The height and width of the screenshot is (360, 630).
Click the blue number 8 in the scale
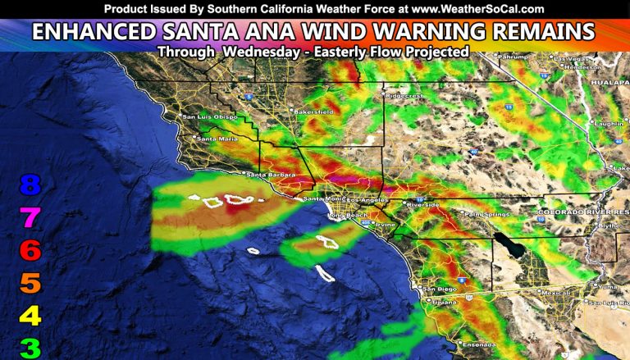point(30,185)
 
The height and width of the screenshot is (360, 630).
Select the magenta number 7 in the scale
point(30,218)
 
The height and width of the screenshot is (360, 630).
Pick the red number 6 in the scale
point(30,250)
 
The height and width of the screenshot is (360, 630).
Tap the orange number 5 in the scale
point(30,284)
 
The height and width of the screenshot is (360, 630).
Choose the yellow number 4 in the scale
point(30,316)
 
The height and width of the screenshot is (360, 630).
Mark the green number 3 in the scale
point(30,348)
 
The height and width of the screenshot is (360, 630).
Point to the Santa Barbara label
point(265,174)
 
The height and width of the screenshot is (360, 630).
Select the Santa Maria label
point(211,139)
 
